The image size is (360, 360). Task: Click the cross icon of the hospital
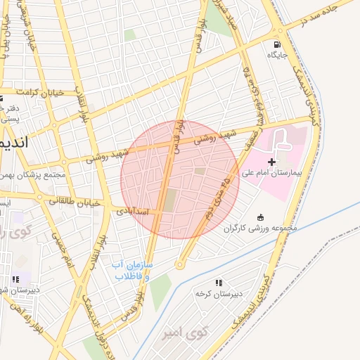[272, 162]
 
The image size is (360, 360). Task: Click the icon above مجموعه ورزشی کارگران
[262, 217]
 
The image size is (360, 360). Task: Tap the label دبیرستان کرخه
[219, 292]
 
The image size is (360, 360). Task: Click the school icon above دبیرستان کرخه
[219, 282]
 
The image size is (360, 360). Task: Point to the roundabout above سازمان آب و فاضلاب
[180, 265]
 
